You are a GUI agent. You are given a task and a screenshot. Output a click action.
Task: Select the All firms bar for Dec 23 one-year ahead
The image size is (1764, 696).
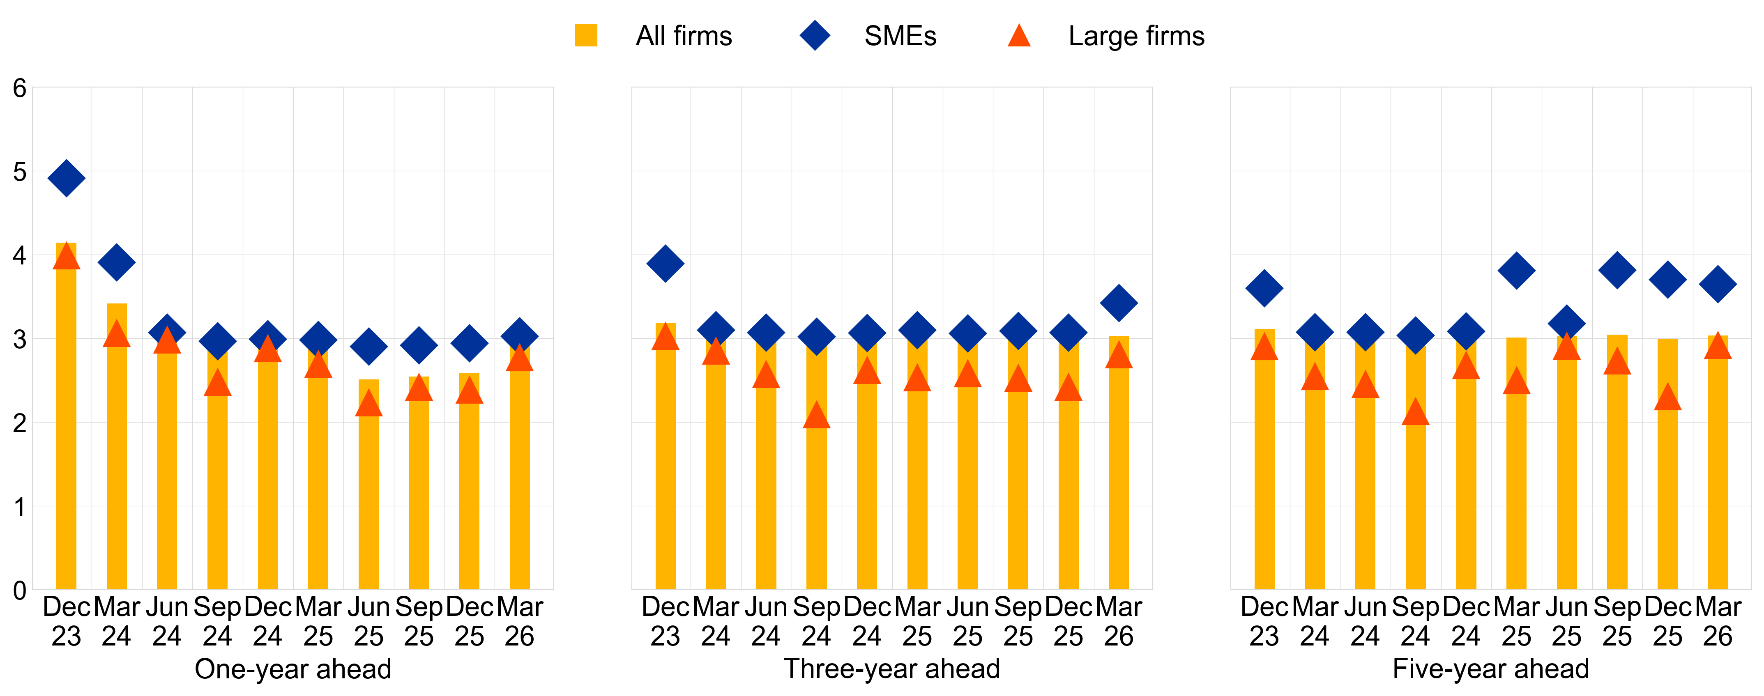[67, 424]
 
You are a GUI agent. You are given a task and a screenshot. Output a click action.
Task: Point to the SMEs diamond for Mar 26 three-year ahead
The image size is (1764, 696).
[1119, 303]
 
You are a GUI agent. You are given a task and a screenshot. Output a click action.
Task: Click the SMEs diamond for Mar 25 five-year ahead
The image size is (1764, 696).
[1516, 270]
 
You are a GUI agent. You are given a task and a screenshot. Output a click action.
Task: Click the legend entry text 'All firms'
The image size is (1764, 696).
[684, 36]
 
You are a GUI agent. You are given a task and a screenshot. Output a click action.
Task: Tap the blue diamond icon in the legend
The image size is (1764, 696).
[815, 36]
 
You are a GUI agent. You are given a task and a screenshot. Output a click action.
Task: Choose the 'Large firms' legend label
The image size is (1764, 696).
[1136, 36]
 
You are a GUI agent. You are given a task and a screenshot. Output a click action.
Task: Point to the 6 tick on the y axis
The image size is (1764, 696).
[20, 88]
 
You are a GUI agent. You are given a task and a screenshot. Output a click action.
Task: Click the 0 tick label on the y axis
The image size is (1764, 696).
[20, 590]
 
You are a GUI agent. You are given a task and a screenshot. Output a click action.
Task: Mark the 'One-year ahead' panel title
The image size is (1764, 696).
[293, 668]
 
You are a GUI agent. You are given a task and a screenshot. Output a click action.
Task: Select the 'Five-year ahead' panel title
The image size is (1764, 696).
[1491, 668]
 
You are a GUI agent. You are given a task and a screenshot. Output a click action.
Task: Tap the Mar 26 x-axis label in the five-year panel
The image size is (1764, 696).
[1718, 621]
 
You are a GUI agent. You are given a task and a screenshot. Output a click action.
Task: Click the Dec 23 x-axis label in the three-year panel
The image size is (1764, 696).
[665, 621]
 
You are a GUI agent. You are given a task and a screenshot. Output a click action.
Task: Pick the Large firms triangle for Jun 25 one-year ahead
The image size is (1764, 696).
[368, 404]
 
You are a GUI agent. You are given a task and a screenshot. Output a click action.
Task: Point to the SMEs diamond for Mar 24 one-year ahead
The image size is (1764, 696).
[116, 262]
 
